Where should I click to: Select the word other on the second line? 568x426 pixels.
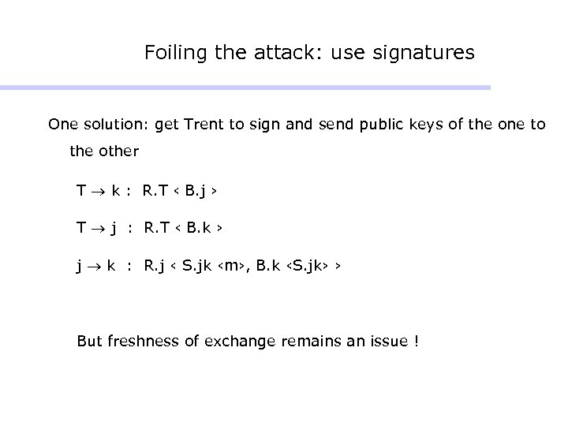121,150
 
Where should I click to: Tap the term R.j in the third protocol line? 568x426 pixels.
155,267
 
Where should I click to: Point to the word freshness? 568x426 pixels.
136,342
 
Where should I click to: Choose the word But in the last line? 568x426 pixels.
88,342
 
